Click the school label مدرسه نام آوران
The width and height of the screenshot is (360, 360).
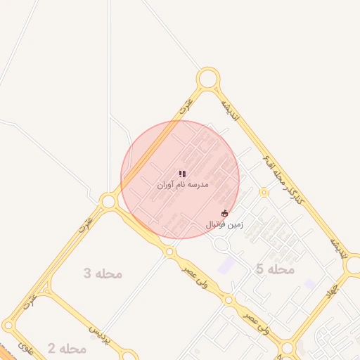coord(182,185)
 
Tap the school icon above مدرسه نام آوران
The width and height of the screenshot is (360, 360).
coord(182,173)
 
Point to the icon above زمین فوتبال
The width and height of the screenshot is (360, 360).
coord(224,213)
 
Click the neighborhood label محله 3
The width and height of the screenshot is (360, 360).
coord(103,274)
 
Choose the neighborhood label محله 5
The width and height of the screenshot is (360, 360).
coord(275,269)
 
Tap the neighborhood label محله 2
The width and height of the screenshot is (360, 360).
coord(67,348)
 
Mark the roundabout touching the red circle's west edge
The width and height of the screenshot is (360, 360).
coord(108,202)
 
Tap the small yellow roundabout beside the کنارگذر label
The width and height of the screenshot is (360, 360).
coord(264,192)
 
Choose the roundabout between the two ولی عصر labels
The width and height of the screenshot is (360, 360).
coord(228,300)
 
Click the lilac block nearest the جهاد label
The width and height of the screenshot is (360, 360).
coord(310,284)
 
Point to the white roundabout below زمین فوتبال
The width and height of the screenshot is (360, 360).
coord(221,245)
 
